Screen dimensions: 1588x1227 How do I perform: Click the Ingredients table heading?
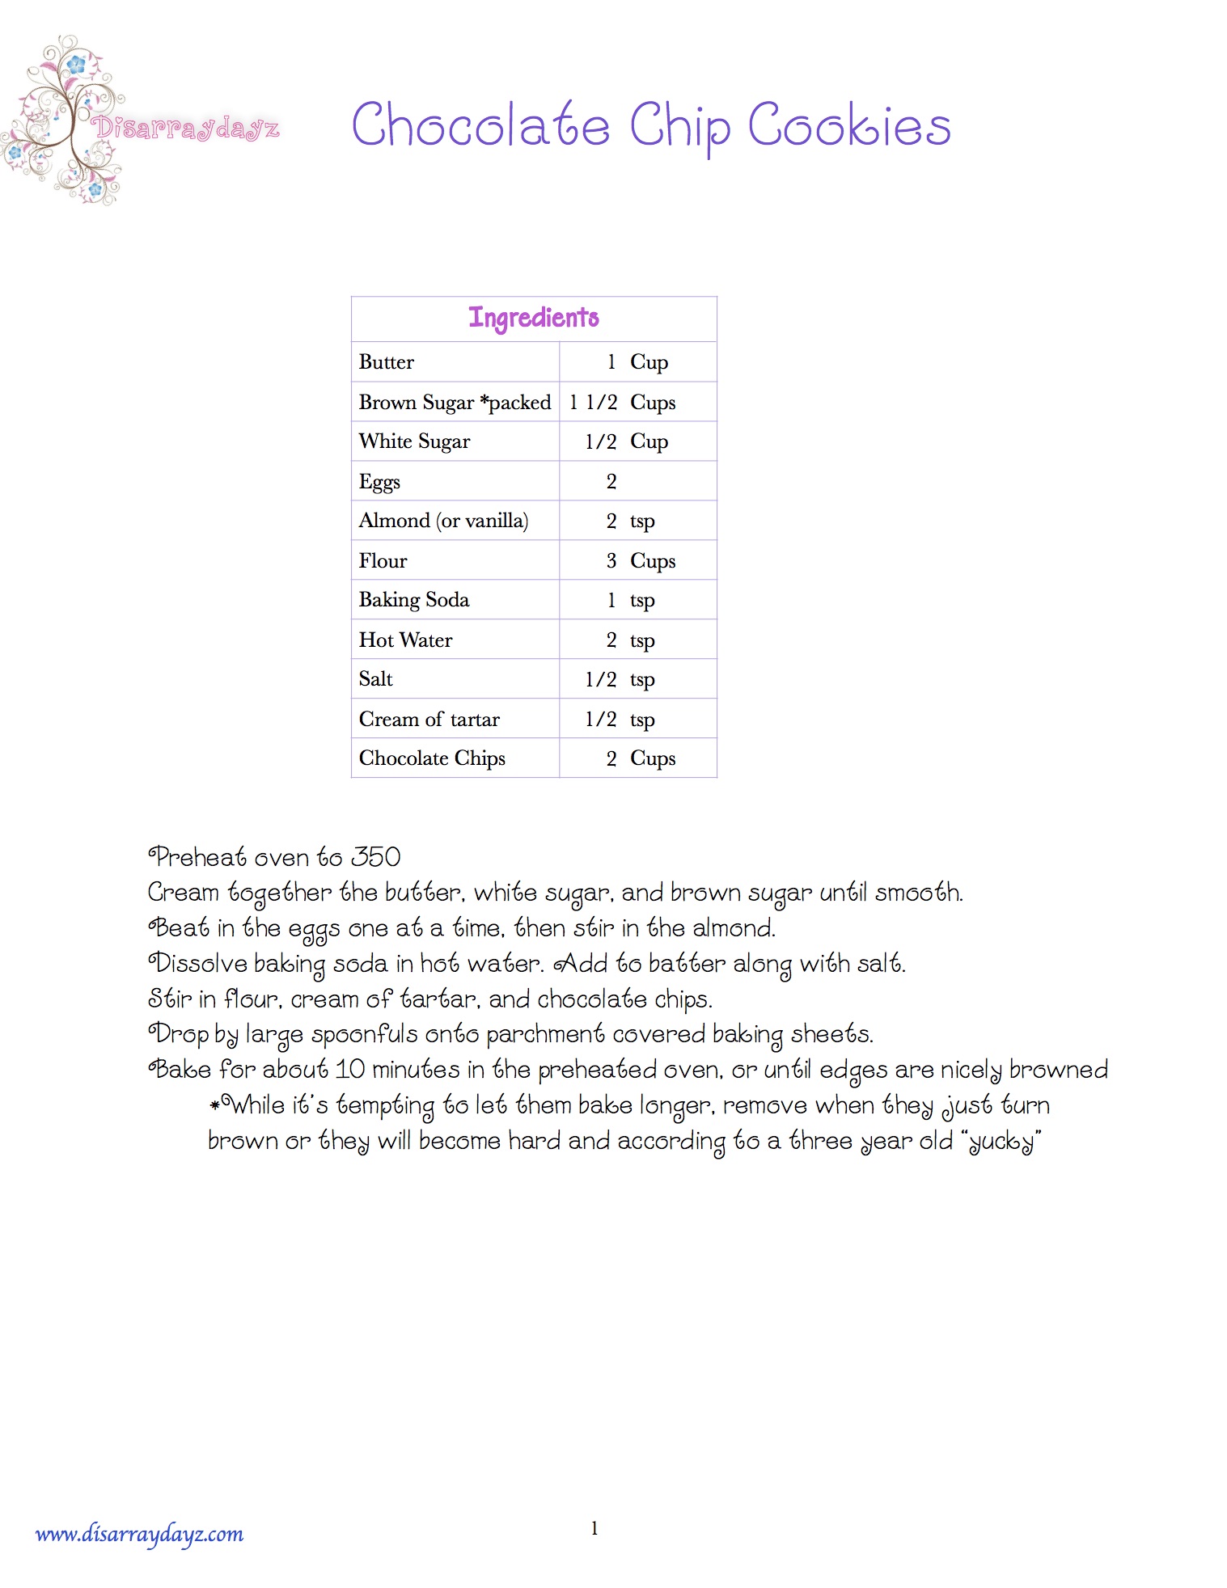click(534, 318)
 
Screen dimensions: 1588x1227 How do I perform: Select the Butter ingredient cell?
click(387, 362)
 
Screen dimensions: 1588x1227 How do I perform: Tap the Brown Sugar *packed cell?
click(455, 402)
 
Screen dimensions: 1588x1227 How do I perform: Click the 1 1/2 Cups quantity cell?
click(622, 402)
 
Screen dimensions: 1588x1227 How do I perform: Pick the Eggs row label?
click(379, 482)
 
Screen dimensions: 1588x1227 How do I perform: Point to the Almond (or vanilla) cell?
click(443, 521)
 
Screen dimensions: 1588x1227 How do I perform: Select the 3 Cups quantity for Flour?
click(641, 560)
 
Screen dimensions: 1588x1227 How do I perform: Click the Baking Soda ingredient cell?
click(414, 600)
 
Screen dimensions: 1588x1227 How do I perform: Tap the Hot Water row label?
click(405, 640)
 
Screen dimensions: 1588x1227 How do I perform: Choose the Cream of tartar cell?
click(429, 719)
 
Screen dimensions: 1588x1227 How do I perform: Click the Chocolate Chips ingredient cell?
click(432, 758)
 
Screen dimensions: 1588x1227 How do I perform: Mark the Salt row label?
click(375, 679)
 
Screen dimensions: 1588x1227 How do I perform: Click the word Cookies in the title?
click(848, 126)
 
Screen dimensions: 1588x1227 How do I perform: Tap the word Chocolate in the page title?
click(480, 126)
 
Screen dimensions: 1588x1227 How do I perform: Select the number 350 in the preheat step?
click(376, 857)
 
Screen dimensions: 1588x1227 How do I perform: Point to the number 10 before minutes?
click(349, 1070)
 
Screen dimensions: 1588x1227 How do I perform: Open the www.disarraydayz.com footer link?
click(139, 1534)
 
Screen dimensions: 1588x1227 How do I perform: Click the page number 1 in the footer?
click(594, 1528)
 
